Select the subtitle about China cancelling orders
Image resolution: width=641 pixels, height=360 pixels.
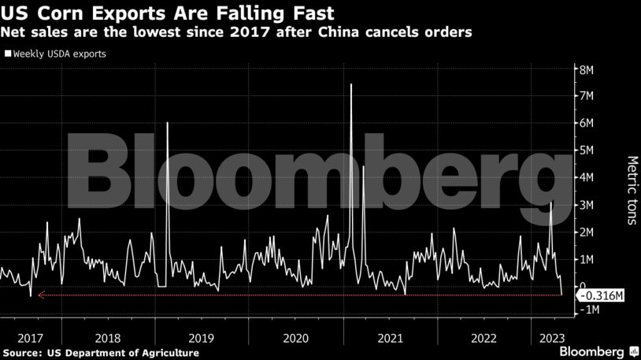point(237,33)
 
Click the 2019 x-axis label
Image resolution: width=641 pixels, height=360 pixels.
point(202,338)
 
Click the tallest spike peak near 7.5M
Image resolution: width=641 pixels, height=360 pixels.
point(350,84)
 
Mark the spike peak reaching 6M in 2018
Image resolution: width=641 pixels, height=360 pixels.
point(168,124)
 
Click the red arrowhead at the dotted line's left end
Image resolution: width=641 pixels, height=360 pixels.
point(41,295)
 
